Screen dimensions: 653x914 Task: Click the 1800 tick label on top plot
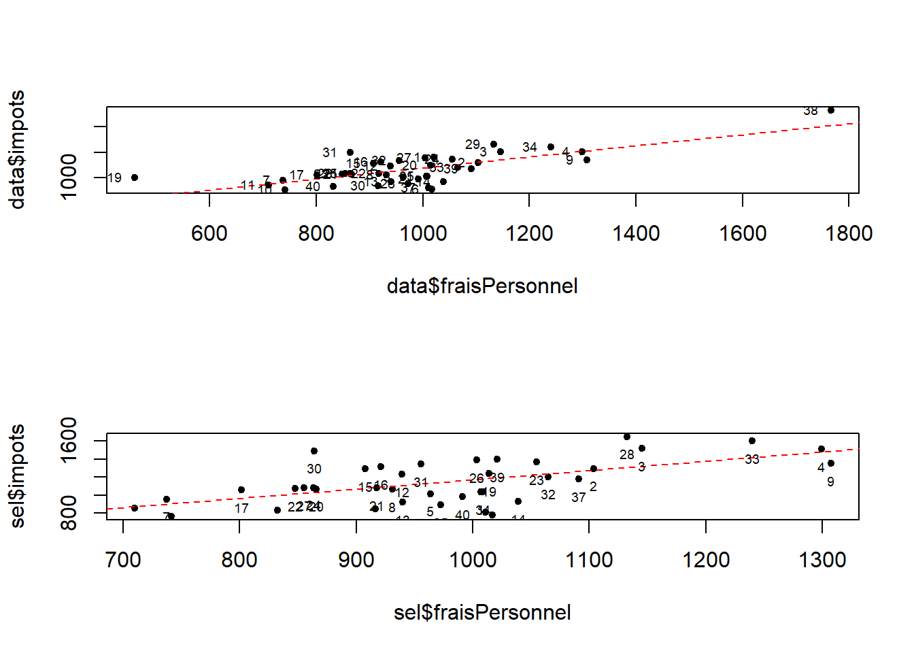pyautogui.click(x=849, y=234)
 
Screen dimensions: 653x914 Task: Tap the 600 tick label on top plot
pyautogui.click(x=209, y=234)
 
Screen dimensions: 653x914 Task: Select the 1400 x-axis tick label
pyautogui.click(x=636, y=234)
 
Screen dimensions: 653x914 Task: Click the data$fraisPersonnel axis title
pyautogui.click(x=482, y=286)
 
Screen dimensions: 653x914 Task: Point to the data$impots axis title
pyautogui.click(x=17, y=150)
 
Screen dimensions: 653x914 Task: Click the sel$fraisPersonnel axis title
pyautogui.click(x=482, y=612)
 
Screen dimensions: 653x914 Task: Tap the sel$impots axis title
pyautogui.click(x=17, y=476)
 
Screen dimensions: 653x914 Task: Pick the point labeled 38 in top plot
pyautogui.click(x=830, y=110)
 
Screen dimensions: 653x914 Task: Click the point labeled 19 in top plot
pyautogui.click(x=135, y=178)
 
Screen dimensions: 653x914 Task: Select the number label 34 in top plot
pyautogui.click(x=530, y=148)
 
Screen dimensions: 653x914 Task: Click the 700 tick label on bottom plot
pyautogui.click(x=123, y=560)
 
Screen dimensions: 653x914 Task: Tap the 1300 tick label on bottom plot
pyautogui.click(x=822, y=560)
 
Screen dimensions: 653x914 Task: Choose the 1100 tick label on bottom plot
pyautogui.click(x=589, y=560)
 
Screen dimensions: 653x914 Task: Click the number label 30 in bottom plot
pyautogui.click(x=314, y=469)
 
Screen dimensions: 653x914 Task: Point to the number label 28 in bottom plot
pyautogui.click(x=627, y=454)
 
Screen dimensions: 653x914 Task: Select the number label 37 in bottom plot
pyautogui.click(x=579, y=497)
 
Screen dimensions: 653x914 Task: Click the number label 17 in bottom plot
pyautogui.click(x=241, y=508)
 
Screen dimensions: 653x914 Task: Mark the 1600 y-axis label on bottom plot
pyautogui.click(x=69, y=439)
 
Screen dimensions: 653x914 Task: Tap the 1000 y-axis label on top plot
pyautogui.click(x=69, y=177)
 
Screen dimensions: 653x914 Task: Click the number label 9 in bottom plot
pyautogui.click(x=830, y=482)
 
